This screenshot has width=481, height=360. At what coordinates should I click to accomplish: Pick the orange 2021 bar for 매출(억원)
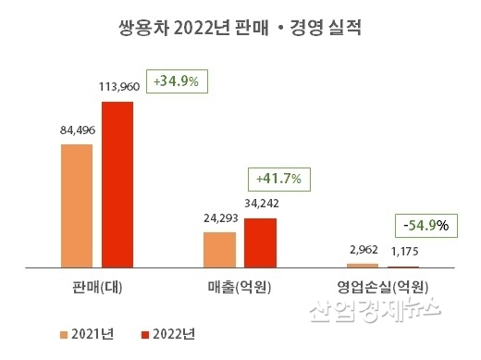coord(219,249)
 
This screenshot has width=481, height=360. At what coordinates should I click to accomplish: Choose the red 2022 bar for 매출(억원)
coord(259,242)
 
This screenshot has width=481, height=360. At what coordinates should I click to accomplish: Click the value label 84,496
coord(77,130)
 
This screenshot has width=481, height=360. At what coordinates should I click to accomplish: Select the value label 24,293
coord(219,219)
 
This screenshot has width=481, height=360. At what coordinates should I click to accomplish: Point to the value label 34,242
coord(260,204)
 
